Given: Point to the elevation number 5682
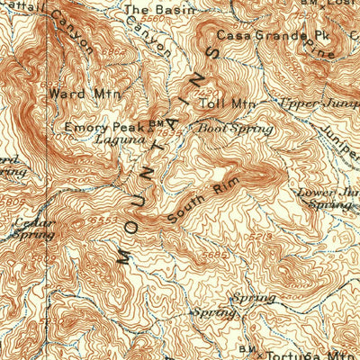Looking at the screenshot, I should (x=211, y=254).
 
